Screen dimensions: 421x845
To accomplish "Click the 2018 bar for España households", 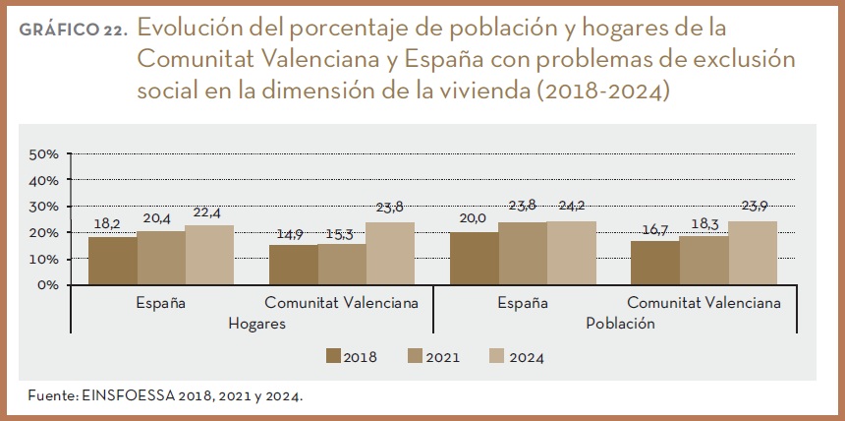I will [x=113, y=261].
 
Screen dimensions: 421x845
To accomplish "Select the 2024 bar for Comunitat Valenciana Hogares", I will [x=390, y=254].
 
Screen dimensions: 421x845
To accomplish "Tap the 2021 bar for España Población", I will [x=523, y=254].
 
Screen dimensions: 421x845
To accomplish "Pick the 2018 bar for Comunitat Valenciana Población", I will [x=655, y=263].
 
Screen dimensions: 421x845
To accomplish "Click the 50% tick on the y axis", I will [x=45, y=154].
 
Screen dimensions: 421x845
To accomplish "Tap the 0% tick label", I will [x=49, y=285].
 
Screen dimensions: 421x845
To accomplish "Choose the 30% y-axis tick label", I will [x=45, y=207].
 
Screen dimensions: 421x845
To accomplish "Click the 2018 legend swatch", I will [x=334, y=356].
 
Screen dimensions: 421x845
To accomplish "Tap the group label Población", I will [x=619, y=323].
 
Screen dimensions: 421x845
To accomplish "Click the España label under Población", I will [x=522, y=303].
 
